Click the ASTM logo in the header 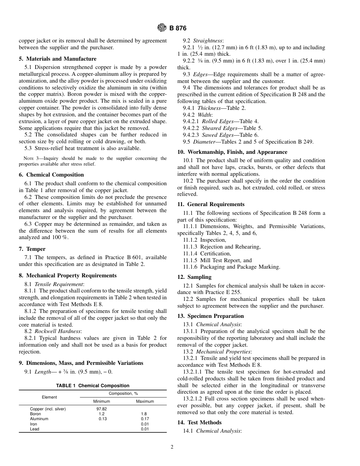click(x=162, y=28)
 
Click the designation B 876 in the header click(x=178, y=28)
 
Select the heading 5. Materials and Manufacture click(x=58, y=59)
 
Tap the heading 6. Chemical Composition click(x=51, y=175)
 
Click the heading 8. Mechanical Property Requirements click(x=67, y=275)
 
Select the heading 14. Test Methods click(x=199, y=422)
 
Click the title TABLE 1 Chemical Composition click(x=93, y=386)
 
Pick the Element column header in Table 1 click(x=49, y=397)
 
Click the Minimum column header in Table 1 click(x=102, y=401)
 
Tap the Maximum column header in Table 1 click(x=145, y=401)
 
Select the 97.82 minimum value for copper click(x=102, y=409)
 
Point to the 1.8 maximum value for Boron click(x=144, y=414)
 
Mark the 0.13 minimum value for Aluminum click(x=103, y=419)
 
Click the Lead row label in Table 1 click(x=34, y=429)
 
